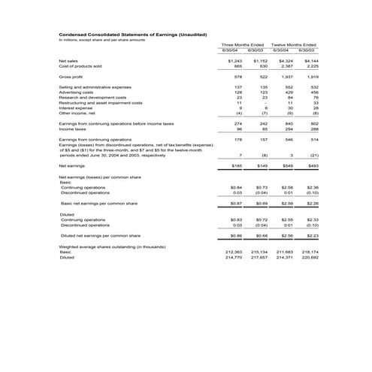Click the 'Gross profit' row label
tap(71, 77)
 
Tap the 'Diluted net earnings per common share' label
tap(100, 235)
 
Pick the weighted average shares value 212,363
tap(234, 252)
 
